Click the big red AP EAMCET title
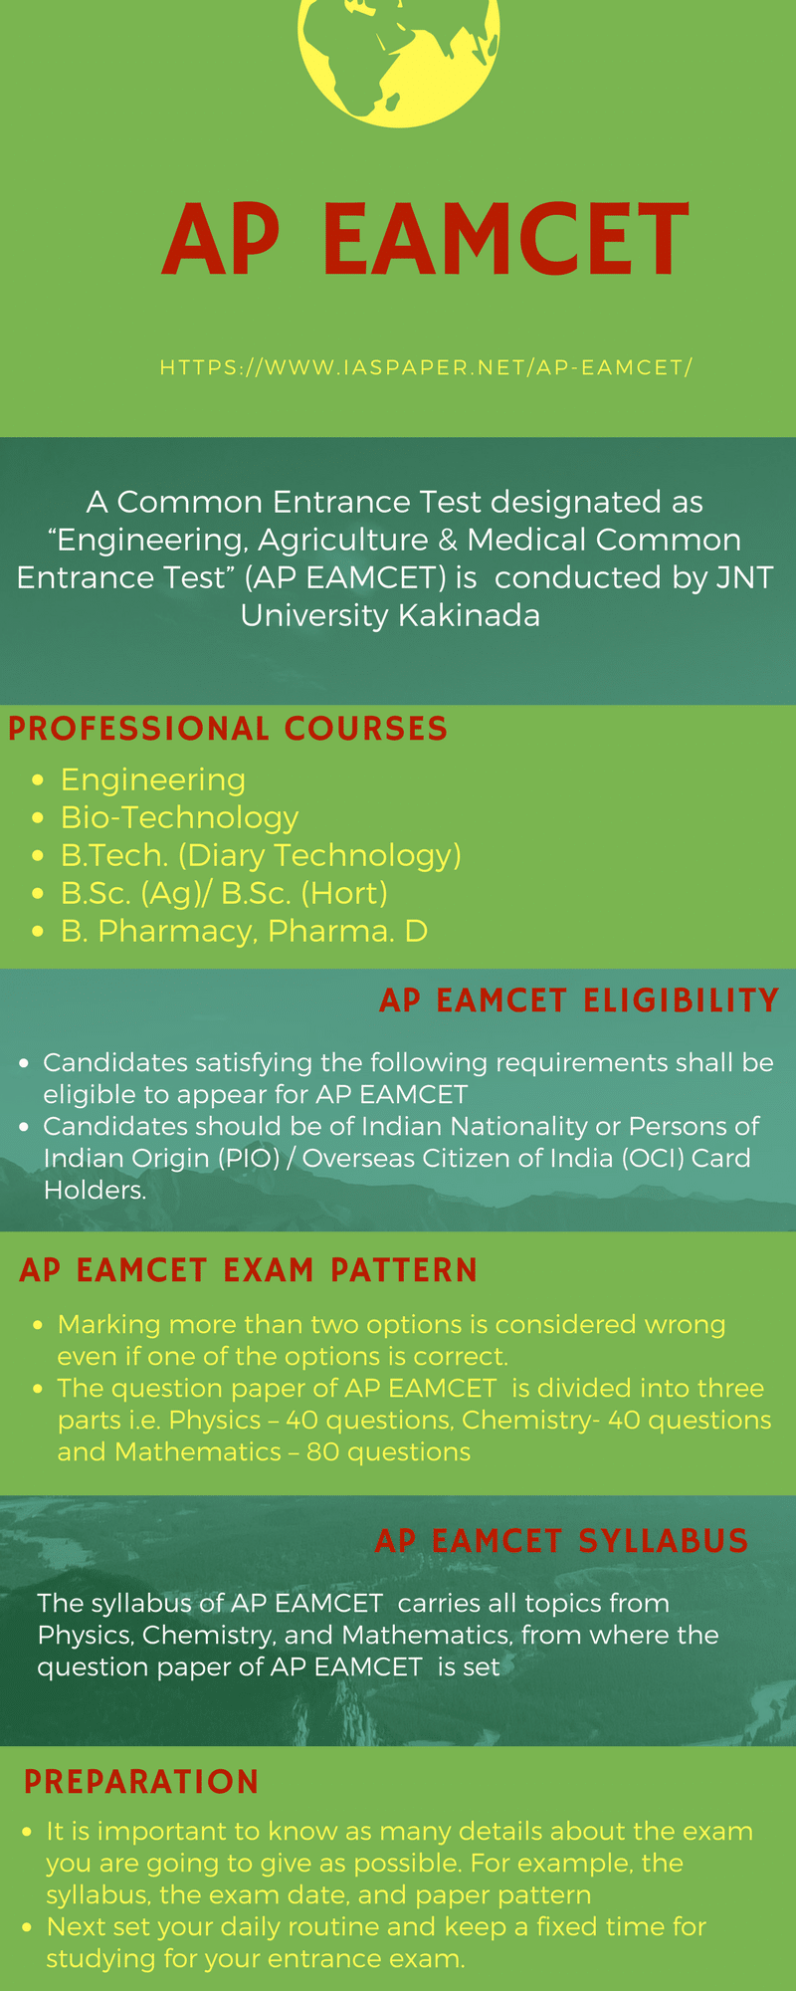426,239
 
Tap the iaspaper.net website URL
426,367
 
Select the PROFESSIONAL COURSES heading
228,729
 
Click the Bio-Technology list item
179,817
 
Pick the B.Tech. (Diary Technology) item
261,855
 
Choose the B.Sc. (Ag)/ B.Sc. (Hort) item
224,893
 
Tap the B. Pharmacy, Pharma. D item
244,931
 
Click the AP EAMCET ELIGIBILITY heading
579,1000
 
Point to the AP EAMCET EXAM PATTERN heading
249,1270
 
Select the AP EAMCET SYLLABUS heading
562,1541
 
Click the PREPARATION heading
141,1782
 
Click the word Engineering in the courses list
153,780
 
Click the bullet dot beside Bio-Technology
38,818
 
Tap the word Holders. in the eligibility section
96,1191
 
